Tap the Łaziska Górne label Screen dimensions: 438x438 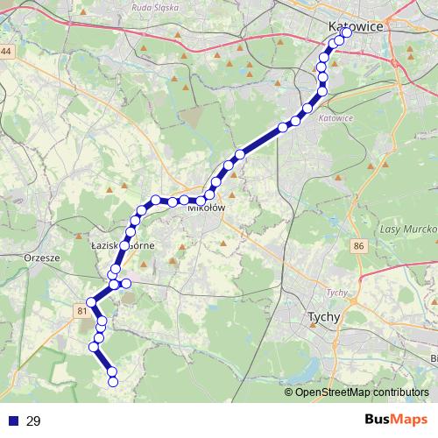click(x=123, y=246)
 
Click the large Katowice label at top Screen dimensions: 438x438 click(x=356, y=27)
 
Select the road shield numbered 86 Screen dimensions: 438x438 click(x=359, y=248)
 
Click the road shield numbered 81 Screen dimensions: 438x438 click(x=81, y=311)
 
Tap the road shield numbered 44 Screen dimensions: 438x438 click(x=7, y=53)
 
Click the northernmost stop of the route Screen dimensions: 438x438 click(x=346, y=32)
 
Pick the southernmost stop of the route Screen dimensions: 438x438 click(x=112, y=380)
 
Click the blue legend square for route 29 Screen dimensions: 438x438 click(x=13, y=421)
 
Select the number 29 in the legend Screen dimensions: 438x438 click(x=33, y=421)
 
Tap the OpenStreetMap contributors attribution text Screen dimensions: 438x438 click(x=361, y=392)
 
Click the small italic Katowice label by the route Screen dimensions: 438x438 click(x=336, y=118)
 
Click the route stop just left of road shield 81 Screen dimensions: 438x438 click(x=91, y=302)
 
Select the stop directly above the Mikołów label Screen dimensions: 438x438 click(x=201, y=201)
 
